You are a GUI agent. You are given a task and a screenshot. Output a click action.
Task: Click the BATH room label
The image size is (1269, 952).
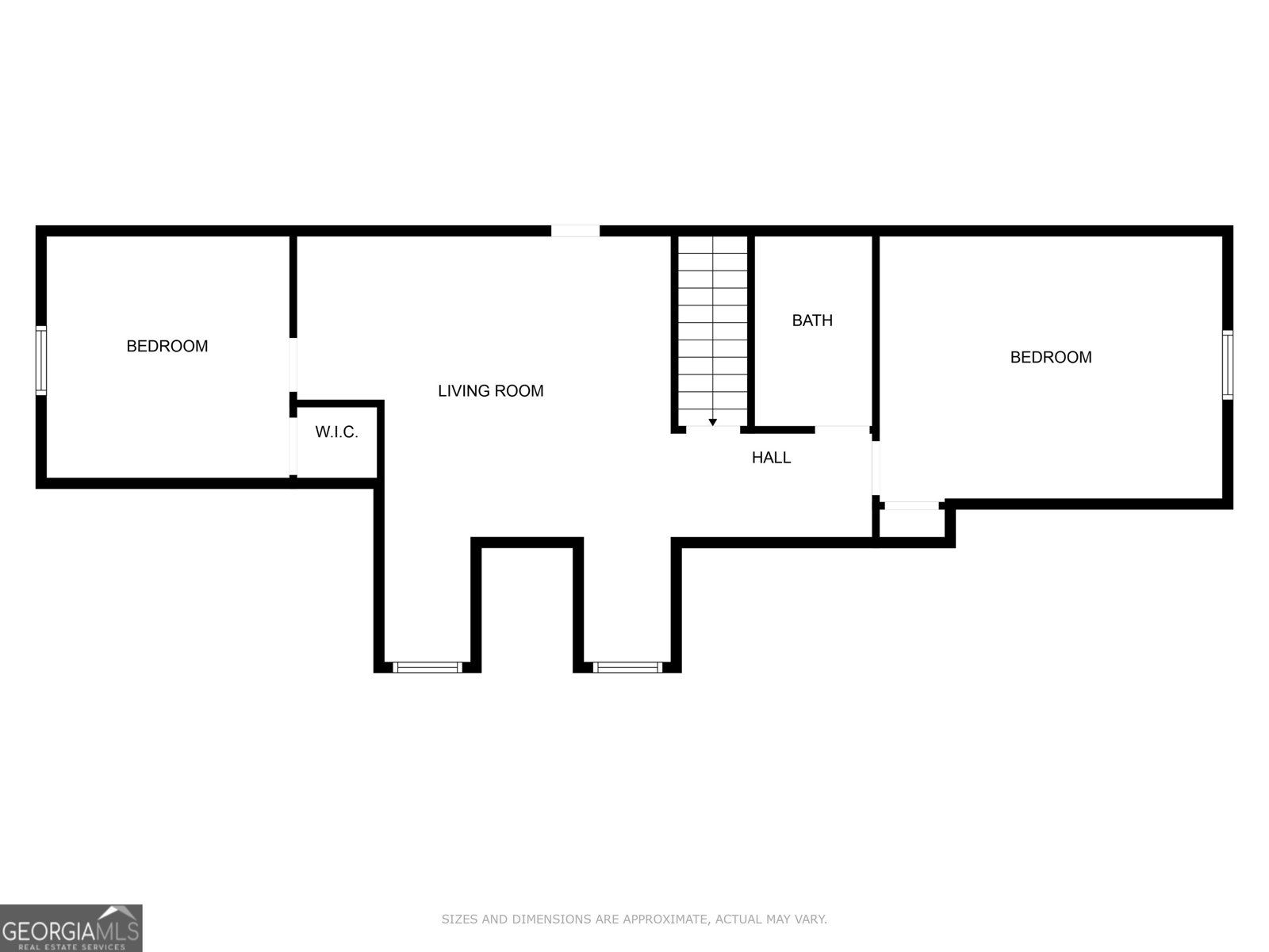(x=812, y=321)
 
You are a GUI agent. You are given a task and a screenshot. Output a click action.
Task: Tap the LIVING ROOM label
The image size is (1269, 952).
(x=490, y=390)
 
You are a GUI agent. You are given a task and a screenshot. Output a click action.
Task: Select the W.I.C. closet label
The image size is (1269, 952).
(x=336, y=432)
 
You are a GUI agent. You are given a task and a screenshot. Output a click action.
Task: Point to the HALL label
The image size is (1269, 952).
(x=771, y=458)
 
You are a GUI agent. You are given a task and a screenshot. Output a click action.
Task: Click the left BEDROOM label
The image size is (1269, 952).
(x=167, y=346)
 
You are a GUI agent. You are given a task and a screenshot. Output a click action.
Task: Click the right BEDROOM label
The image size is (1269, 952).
(x=1050, y=357)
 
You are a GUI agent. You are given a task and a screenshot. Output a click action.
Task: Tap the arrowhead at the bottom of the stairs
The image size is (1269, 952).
(x=712, y=422)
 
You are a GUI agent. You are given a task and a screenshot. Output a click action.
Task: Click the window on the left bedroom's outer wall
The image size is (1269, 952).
(x=41, y=360)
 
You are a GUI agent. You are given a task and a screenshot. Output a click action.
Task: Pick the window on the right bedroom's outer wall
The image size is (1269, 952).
(x=1227, y=365)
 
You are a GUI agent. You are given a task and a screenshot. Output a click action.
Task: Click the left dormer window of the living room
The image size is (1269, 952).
(x=427, y=667)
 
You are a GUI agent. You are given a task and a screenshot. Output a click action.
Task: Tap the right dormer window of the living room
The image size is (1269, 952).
(x=627, y=667)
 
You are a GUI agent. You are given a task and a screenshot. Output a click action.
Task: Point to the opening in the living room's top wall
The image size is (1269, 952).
(x=575, y=231)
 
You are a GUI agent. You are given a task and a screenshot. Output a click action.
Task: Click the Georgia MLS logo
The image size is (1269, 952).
(x=71, y=927)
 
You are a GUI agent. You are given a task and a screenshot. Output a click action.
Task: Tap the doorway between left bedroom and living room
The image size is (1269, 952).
(x=293, y=364)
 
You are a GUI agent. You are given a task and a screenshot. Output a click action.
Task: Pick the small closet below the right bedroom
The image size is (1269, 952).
(x=912, y=524)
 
